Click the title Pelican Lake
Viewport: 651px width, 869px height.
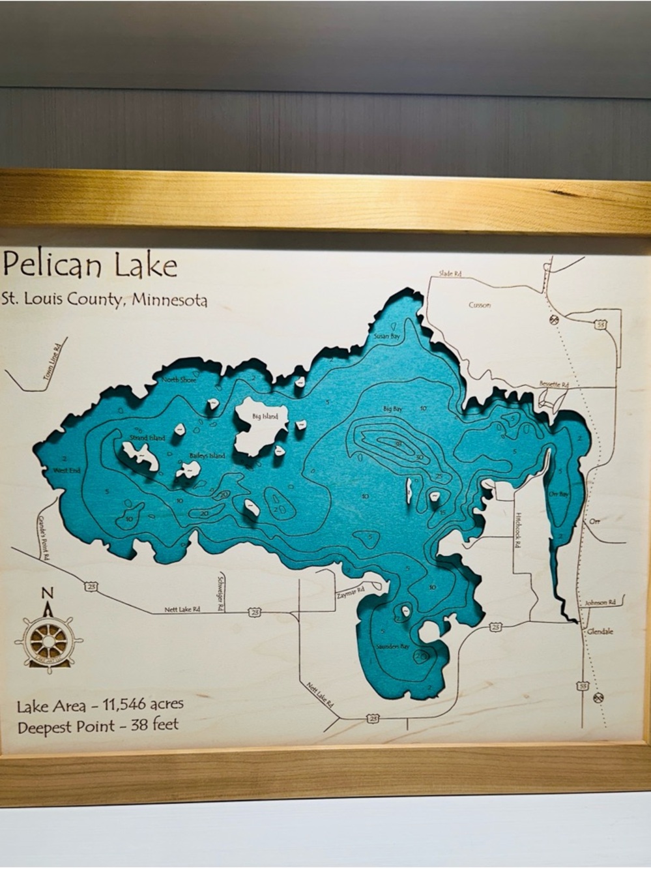90,265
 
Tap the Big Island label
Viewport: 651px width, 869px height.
265,416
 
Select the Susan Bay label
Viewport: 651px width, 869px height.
386,336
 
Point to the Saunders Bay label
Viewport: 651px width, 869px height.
392,647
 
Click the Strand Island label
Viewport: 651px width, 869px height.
147,437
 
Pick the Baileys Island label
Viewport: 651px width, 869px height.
207,455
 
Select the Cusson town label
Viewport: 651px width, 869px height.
480,305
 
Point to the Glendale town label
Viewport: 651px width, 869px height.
600,632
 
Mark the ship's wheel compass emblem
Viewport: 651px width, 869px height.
48,638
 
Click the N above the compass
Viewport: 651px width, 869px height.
47,593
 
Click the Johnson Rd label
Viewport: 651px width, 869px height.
600,603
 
